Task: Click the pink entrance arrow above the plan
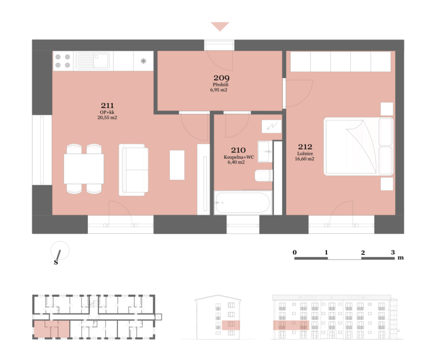click(x=220, y=27)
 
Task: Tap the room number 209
click(x=221, y=78)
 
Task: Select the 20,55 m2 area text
click(x=107, y=118)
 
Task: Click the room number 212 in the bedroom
click(x=305, y=147)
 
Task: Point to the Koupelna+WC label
click(x=239, y=157)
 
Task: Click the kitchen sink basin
click(x=101, y=61)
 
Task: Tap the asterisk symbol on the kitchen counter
click(x=143, y=61)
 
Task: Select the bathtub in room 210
click(x=243, y=202)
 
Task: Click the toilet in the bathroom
click(x=264, y=175)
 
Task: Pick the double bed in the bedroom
click(x=359, y=147)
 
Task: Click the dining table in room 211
click(x=84, y=169)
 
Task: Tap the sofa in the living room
click(x=133, y=170)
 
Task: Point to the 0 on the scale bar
click(x=294, y=253)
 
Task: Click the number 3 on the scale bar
click(x=393, y=253)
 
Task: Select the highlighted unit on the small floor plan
click(x=51, y=329)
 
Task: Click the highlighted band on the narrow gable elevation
click(x=231, y=325)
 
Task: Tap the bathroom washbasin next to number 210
click(x=265, y=152)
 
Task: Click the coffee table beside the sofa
click(x=177, y=165)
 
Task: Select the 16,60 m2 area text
click(x=305, y=159)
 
